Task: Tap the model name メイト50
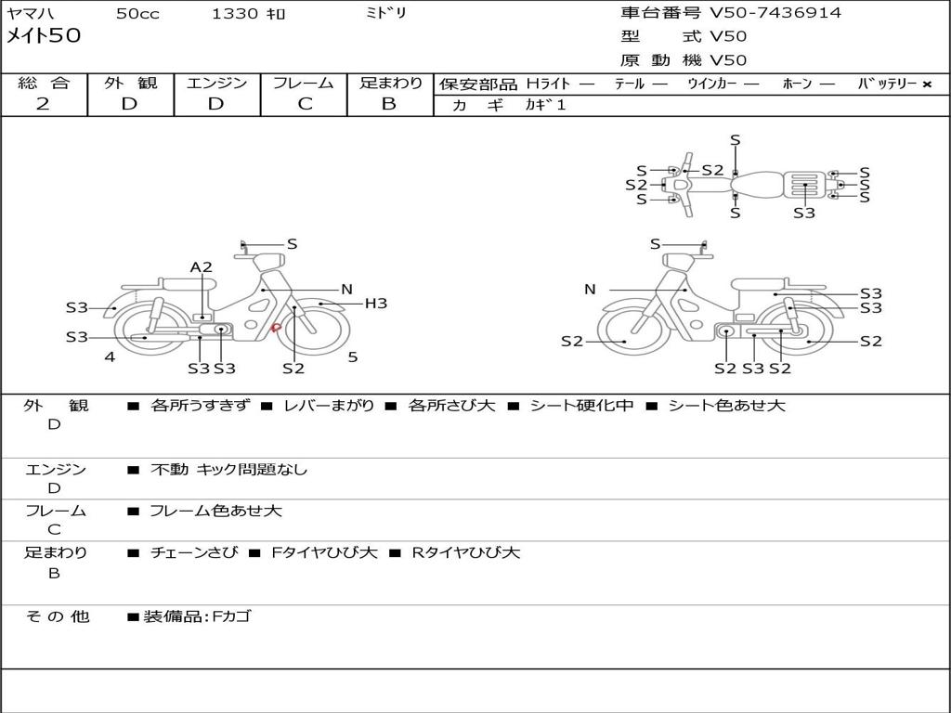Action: click(x=43, y=36)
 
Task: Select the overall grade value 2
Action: click(x=43, y=104)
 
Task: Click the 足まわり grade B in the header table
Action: click(x=389, y=104)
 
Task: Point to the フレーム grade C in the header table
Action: click(x=305, y=104)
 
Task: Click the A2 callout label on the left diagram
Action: click(x=201, y=266)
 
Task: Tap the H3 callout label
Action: click(x=375, y=304)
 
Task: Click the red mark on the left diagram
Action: click(x=275, y=328)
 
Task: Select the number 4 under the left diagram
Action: click(x=110, y=357)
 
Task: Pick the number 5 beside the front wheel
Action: click(x=353, y=357)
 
